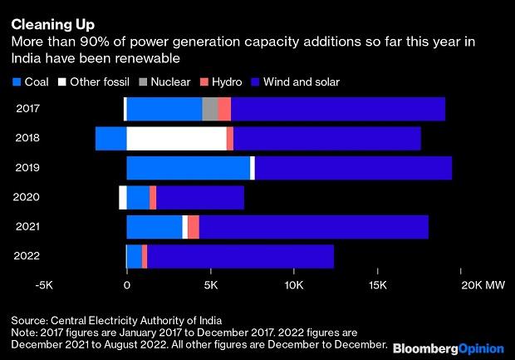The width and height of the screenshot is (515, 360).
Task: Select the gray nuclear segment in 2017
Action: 210,109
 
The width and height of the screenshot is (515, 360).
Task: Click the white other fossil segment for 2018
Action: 176,138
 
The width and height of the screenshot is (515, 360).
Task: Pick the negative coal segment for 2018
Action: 110,138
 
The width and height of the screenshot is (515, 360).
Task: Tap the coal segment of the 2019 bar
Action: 188,167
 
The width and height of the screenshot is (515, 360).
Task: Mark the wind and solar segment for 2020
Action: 200,197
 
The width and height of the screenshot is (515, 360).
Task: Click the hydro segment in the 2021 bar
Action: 194,226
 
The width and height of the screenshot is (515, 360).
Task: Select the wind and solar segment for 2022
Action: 240,256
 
